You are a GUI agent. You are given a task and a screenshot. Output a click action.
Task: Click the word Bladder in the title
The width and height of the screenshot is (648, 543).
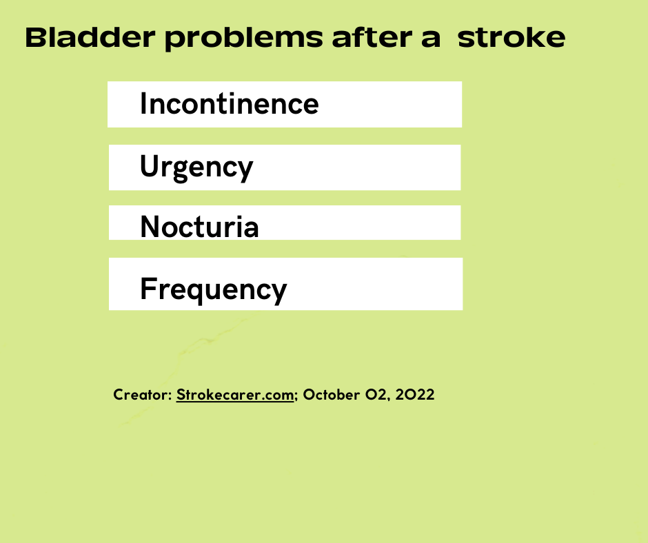pyautogui.click(x=90, y=38)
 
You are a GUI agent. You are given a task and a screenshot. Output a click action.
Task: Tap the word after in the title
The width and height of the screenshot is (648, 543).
pyautogui.click(x=372, y=37)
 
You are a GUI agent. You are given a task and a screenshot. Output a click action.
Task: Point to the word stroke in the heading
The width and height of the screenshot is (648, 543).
pyautogui.click(x=512, y=38)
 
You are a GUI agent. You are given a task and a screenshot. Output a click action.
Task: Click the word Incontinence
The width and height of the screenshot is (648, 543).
pyautogui.click(x=230, y=104)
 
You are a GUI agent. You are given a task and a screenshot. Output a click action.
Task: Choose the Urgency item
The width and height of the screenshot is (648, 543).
pyautogui.click(x=196, y=167)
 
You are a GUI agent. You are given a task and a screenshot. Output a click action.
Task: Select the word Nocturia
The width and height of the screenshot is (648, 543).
pyautogui.click(x=199, y=227)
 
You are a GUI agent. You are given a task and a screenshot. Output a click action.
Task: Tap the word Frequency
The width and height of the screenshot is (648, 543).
pyautogui.click(x=213, y=290)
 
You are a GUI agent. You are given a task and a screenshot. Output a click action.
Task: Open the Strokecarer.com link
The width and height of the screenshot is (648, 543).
pyautogui.click(x=235, y=395)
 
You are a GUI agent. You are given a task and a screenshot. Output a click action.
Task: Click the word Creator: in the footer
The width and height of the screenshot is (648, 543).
pyautogui.click(x=143, y=395)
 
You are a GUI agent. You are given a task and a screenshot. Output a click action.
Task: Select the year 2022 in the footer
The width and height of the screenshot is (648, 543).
pyautogui.click(x=414, y=395)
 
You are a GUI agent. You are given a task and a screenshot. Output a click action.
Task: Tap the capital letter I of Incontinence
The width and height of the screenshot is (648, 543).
pyautogui.click(x=143, y=104)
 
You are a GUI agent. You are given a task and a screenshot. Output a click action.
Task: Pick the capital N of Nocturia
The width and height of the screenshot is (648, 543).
pyautogui.click(x=150, y=227)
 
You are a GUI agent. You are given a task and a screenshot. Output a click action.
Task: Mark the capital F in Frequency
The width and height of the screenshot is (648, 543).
pyautogui.click(x=148, y=289)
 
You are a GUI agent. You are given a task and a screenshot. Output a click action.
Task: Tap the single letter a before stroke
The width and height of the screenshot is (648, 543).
pyautogui.click(x=431, y=40)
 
